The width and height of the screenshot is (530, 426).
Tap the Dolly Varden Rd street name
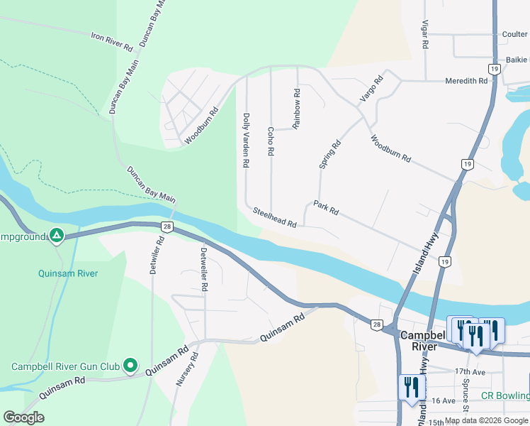[x=246, y=140]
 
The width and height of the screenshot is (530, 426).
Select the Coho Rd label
[x=271, y=141]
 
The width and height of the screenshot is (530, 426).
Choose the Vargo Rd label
[x=371, y=87]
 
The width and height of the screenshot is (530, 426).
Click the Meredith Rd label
[x=466, y=81]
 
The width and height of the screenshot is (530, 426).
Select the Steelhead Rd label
[x=274, y=217]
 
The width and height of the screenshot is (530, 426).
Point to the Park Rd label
[x=327, y=207]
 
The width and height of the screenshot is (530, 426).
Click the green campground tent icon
[x=57, y=236]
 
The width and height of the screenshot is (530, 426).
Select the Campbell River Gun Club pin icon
[x=130, y=366]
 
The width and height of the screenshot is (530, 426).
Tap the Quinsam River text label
[x=68, y=273]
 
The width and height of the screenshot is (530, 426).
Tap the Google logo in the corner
[x=23, y=417]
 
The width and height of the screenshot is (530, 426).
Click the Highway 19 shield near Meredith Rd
[x=494, y=68]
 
